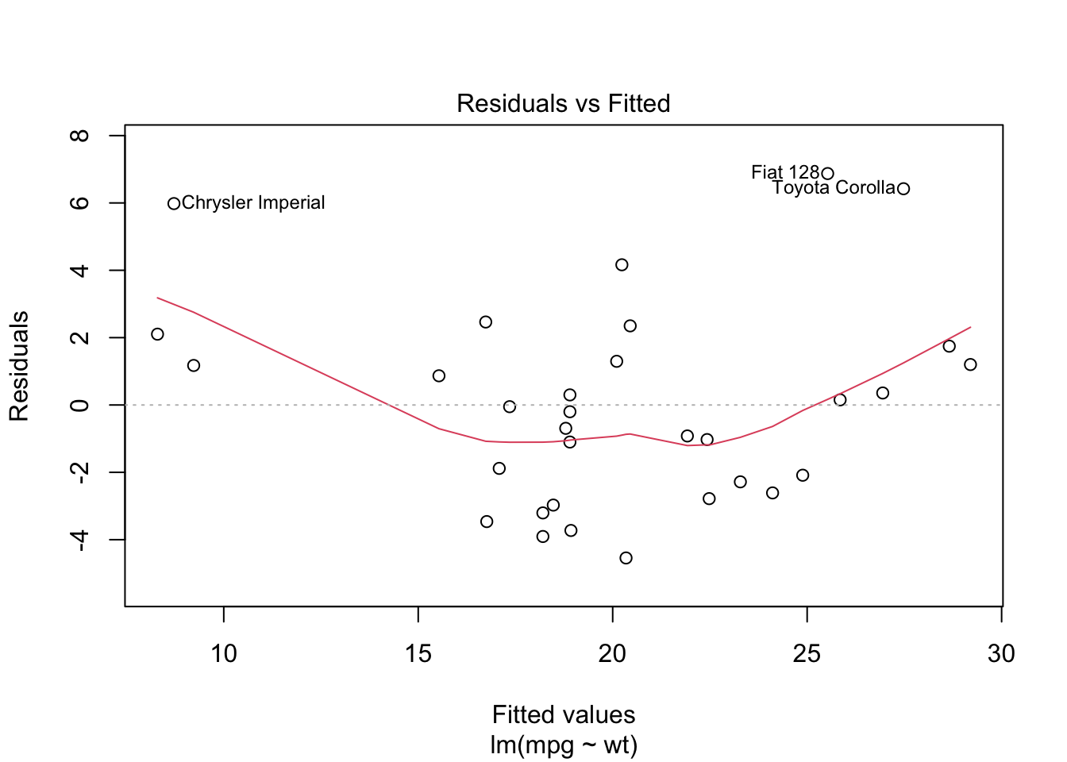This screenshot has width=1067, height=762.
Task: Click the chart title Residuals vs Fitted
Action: [563, 103]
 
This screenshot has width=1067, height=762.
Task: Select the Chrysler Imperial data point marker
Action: [174, 204]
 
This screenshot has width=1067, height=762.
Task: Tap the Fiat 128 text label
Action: [784, 172]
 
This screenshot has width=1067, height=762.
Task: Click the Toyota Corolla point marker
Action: [903, 189]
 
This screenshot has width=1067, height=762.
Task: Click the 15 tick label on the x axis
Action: [418, 653]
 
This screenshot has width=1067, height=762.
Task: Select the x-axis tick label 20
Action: [612, 653]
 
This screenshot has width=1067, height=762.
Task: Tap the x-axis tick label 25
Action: [807, 653]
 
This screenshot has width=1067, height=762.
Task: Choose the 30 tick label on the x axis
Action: [1001, 653]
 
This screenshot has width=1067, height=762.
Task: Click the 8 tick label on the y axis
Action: [79, 136]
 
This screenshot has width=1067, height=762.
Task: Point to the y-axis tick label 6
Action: [79, 203]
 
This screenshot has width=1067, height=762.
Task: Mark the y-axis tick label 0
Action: [79, 406]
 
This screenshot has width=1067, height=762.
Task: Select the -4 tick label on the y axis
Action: [79, 541]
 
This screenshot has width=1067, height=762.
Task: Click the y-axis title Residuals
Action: [19, 366]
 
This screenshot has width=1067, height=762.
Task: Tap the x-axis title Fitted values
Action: [564, 714]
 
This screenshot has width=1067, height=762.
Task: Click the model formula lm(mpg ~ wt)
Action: [564, 745]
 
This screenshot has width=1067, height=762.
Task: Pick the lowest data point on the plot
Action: [626, 558]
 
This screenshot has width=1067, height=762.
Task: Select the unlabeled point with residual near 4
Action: [622, 265]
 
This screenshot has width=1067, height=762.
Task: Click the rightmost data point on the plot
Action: [970, 364]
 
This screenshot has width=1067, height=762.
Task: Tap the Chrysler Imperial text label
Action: [253, 203]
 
